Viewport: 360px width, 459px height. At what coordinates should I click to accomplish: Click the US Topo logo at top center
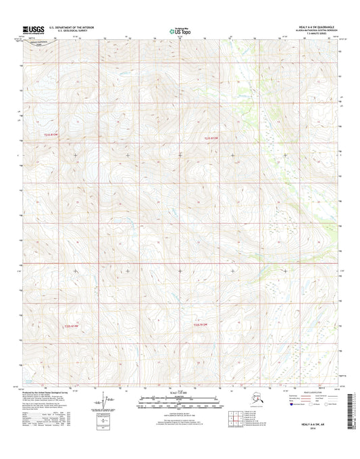click(x=180, y=30)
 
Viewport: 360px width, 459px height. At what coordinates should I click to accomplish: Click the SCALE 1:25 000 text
click(x=180, y=393)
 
